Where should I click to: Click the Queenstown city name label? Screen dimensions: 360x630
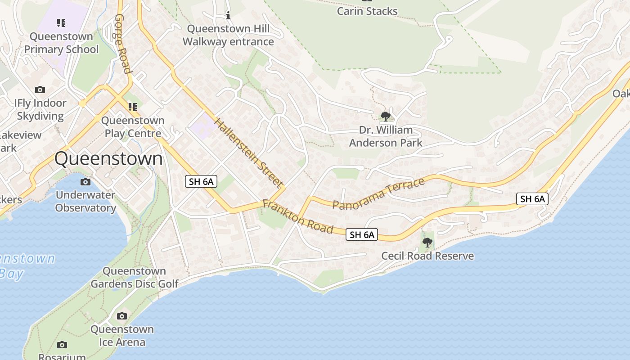coord(108,159)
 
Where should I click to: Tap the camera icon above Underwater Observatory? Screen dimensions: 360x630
coord(85,182)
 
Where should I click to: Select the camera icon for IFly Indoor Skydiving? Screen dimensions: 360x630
coord(40,90)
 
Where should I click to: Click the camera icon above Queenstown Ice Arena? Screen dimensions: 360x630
coord(122,316)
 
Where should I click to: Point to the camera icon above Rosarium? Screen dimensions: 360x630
coord(62,345)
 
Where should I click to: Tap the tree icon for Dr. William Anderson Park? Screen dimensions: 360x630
coord(385,117)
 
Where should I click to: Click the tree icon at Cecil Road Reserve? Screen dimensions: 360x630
coord(427,243)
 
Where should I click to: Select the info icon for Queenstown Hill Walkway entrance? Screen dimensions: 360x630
coord(228,16)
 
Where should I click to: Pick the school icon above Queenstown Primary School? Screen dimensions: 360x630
coord(61,23)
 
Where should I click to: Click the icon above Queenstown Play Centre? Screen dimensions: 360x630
coord(132,107)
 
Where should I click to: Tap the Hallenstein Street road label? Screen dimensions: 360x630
coord(249,153)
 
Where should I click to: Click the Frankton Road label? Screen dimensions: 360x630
coord(298,216)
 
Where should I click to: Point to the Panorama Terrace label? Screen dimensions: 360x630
coord(378,193)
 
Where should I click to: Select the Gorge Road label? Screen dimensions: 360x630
coord(122,43)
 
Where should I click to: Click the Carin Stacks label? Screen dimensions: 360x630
coord(367,11)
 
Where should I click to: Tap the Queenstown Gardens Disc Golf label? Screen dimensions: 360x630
coord(135,277)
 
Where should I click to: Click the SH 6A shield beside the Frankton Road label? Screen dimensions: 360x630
coord(362,234)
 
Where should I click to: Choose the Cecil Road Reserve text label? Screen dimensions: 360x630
coord(427,256)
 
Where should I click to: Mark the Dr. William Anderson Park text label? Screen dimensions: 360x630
coord(386,136)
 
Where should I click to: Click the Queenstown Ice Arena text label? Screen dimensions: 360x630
coord(122,335)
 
